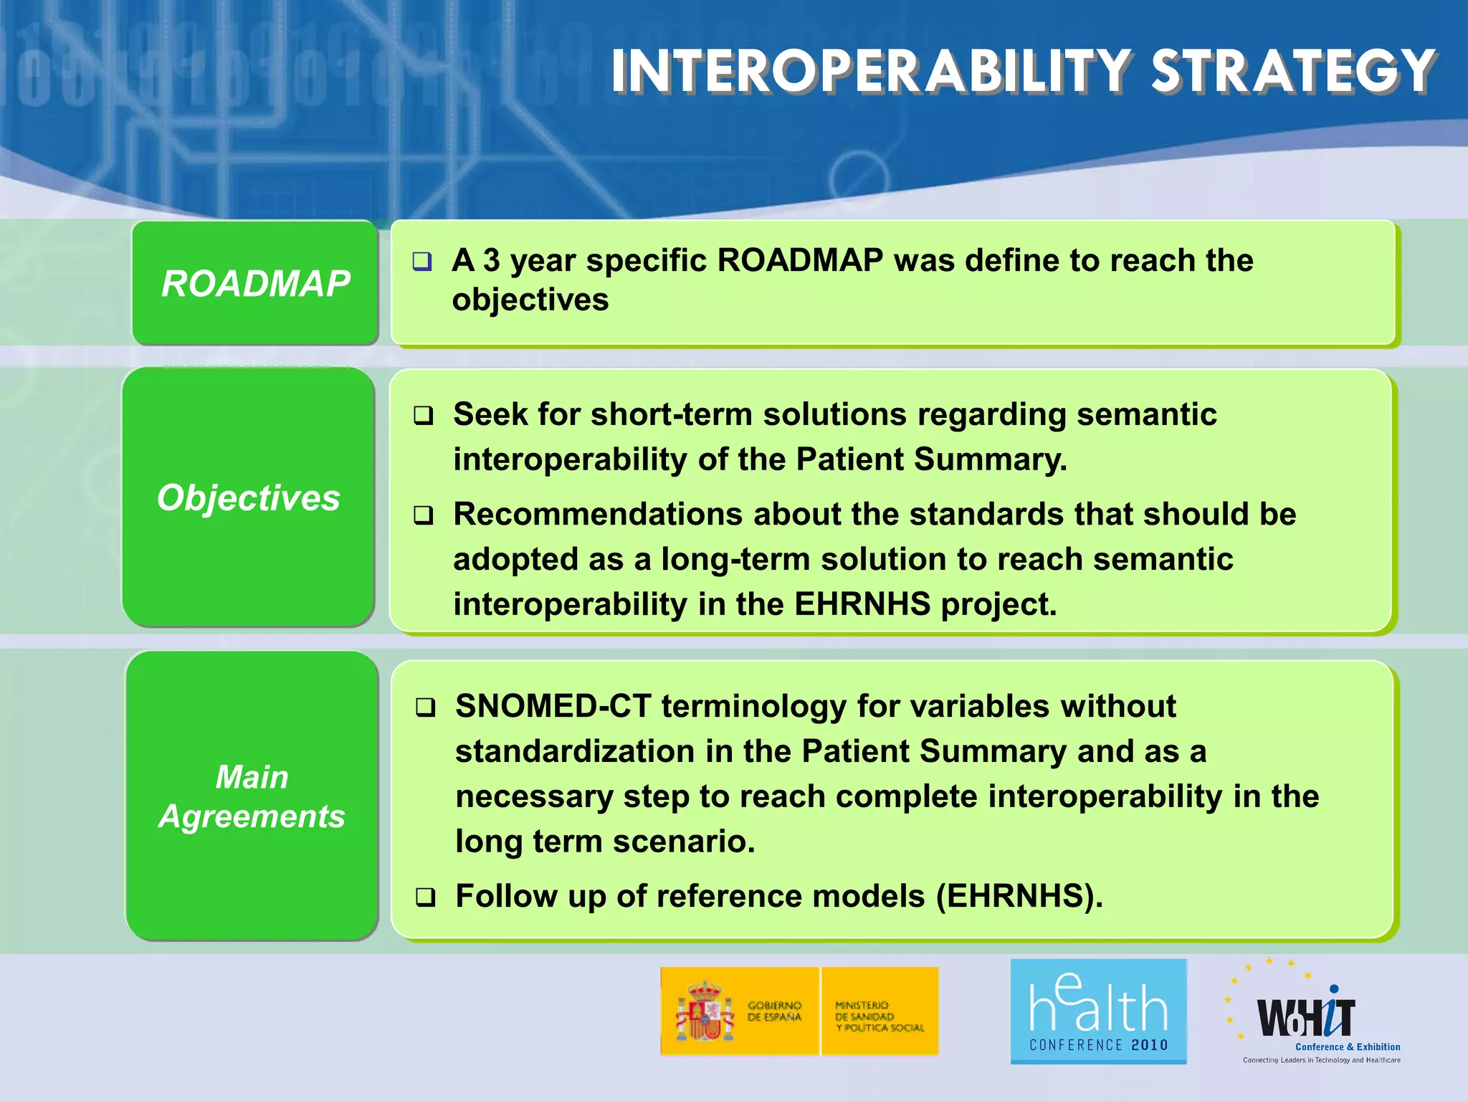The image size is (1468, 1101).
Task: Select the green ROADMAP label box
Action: point(255,283)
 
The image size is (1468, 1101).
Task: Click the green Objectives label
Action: point(248,497)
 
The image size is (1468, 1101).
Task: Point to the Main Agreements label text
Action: point(252,796)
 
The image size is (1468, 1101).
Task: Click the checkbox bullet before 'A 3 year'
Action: point(422,261)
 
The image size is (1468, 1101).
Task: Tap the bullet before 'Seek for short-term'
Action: point(424,415)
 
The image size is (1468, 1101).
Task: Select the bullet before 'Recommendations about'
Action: point(424,515)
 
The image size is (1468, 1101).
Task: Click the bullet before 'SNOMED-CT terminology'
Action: point(426,707)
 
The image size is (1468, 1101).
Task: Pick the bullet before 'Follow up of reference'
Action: point(426,897)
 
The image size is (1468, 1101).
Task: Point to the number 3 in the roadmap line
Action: point(491,260)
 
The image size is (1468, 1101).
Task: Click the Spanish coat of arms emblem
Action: point(705,1011)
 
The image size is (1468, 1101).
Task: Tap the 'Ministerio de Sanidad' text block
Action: point(879,1016)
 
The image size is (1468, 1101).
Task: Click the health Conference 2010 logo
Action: point(1098,1011)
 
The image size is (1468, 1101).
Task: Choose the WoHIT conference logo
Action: point(1312,1016)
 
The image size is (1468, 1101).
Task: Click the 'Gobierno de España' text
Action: point(774,1011)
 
